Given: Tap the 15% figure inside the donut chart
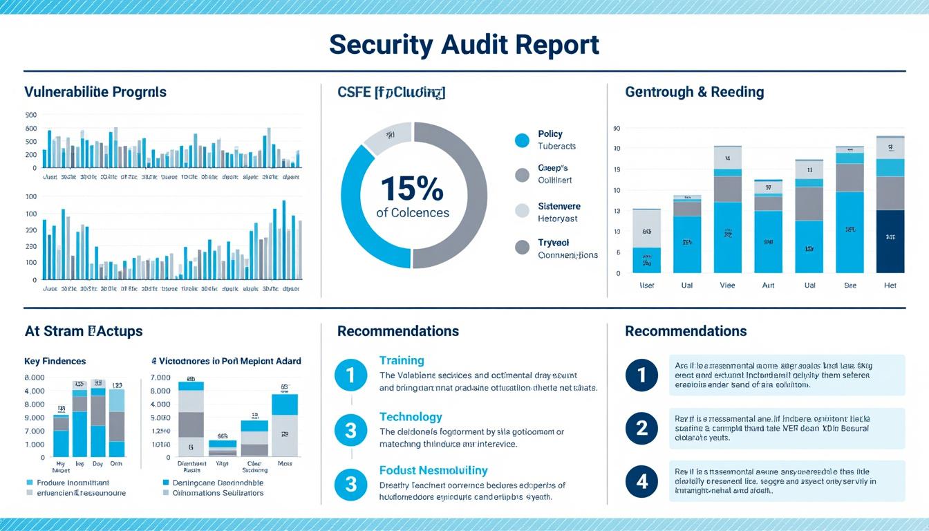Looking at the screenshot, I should tap(412, 188).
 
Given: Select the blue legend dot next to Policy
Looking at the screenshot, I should tap(522, 140).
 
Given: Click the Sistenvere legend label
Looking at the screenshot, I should tap(559, 206).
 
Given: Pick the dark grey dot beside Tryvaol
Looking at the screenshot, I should tap(522, 248).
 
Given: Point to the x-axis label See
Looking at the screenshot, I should tap(850, 285).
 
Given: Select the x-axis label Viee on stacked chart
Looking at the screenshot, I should tap(727, 285).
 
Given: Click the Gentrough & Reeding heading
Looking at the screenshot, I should tap(694, 92).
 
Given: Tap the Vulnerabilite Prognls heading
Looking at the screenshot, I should tap(95, 92).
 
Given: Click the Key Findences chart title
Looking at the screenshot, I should tap(55, 361).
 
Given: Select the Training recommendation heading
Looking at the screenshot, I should tap(402, 360).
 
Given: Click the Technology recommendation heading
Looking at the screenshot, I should tap(410, 417).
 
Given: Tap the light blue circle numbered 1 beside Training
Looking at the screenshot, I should tap(350, 375).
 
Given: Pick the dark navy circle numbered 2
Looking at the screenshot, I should tap(641, 429).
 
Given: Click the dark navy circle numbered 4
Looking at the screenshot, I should tap(641, 481).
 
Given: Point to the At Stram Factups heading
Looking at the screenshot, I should tap(84, 331).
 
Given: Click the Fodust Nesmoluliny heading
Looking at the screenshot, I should tap(433, 470).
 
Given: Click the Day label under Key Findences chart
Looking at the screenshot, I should tap(97, 463).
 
